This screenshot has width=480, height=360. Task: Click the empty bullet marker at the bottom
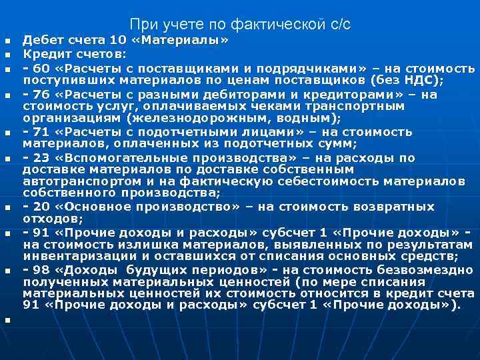(x=8, y=320)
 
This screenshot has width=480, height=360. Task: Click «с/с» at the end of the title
(x=339, y=25)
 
